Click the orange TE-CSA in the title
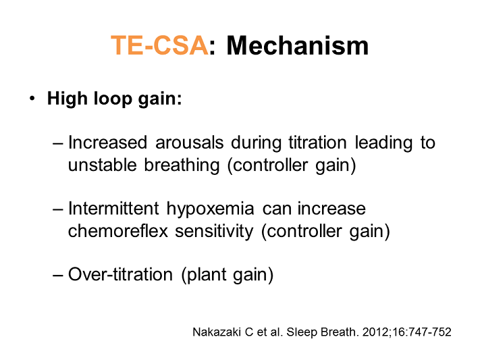159,46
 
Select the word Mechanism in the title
298,46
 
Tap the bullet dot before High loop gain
32,99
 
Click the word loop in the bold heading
113,99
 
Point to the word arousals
190,143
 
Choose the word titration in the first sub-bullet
317,143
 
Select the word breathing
182,165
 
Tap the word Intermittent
113,208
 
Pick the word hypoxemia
211,209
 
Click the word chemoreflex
118,231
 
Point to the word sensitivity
214,232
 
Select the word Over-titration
120,274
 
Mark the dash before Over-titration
58,275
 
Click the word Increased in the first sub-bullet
108,143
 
